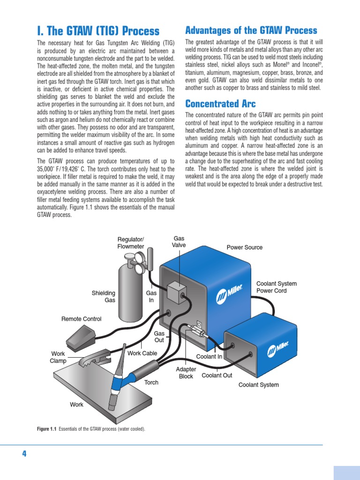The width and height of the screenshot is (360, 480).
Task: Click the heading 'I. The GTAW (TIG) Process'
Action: [x=98, y=31]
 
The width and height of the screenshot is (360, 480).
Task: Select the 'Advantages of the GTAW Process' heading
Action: [x=251, y=30]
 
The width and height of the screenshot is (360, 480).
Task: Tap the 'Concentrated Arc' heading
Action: [x=220, y=104]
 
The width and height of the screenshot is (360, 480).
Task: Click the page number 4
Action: [x=24, y=453]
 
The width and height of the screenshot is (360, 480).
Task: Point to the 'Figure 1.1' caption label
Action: [x=46, y=429]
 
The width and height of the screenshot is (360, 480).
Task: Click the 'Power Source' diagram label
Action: [x=245, y=247]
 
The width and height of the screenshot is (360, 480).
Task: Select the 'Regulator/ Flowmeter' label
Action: [x=131, y=243]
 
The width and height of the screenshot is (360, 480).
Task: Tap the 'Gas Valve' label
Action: [x=179, y=242]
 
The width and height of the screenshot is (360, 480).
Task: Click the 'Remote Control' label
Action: [x=82, y=319]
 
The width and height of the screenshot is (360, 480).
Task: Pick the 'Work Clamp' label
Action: [x=58, y=357]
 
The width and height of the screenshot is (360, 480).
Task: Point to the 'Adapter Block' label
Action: [x=186, y=373]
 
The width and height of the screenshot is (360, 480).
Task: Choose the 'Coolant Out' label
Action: [x=217, y=375]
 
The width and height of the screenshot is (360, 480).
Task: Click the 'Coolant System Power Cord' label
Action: [x=277, y=287]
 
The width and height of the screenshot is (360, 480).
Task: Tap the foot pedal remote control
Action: [x=81, y=336]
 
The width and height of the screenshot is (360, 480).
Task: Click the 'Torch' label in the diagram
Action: [x=151, y=382]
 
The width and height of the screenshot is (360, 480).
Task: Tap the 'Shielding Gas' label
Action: [x=104, y=297]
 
